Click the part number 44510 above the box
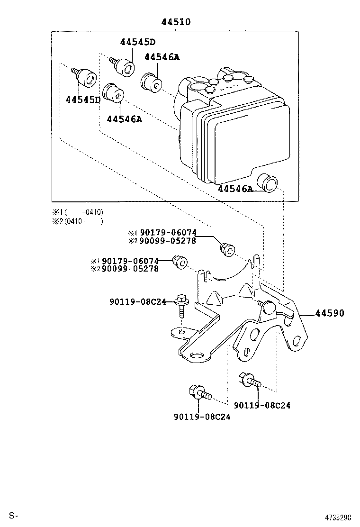176,22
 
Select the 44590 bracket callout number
329,313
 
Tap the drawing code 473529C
338,516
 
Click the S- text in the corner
13,516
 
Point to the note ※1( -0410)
78,212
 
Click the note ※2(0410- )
78,221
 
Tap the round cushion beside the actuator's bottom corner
267,183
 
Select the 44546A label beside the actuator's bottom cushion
235,189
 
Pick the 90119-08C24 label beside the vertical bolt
138,302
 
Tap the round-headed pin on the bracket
268,306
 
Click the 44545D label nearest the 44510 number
138,42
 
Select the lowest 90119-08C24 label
202,417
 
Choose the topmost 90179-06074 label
168,233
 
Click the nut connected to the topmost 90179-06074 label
227,249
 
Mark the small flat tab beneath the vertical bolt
181,332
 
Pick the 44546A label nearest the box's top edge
162,57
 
